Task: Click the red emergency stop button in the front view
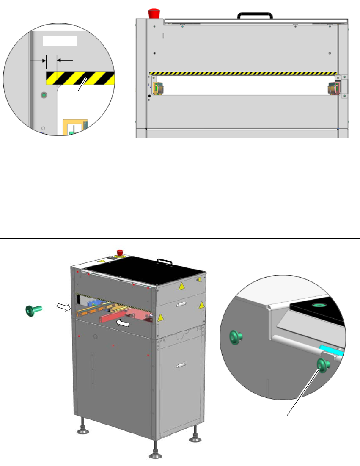tap(153, 13)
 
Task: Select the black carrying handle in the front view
tap(250, 16)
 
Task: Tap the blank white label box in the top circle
tap(59, 41)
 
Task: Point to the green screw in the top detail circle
tap(43, 96)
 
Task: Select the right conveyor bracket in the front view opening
tap(333, 88)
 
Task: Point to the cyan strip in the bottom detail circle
tap(332, 350)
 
